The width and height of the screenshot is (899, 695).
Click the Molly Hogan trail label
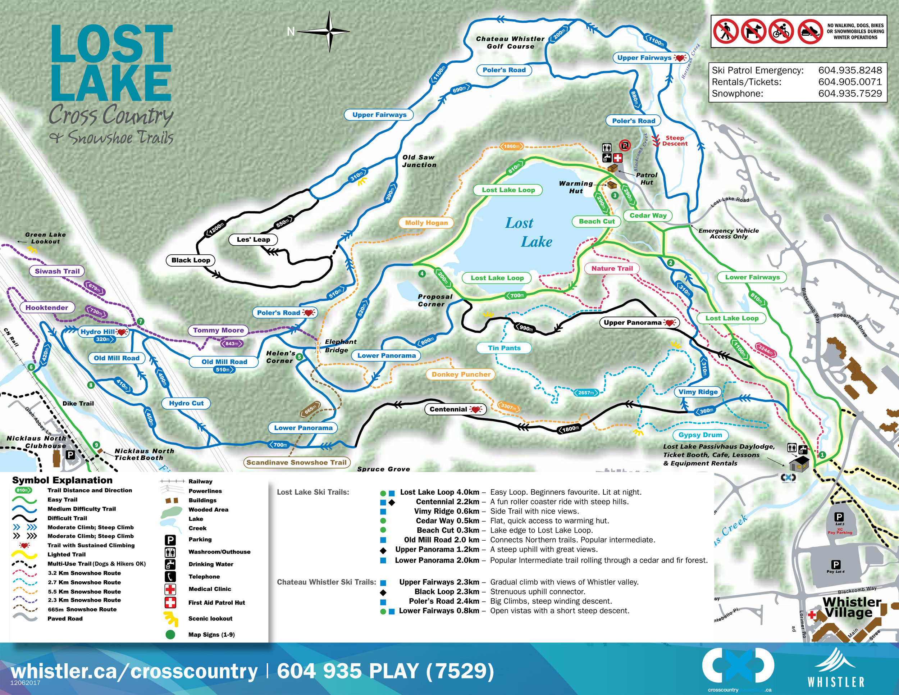[x=426, y=223]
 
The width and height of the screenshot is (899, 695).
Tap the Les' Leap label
[x=253, y=240]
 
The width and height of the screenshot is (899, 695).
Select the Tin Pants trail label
[x=504, y=348]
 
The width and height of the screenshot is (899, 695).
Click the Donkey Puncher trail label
[x=461, y=374]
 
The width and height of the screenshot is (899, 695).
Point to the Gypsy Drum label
[x=700, y=435]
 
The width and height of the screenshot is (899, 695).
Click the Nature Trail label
[x=612, y=268]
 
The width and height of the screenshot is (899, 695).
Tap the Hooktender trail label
[x=46, y=308]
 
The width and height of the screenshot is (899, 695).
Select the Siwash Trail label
[x=57, y=271]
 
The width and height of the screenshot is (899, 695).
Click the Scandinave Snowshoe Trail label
[x=296, y=462]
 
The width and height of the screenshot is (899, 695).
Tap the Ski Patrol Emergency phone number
[x=850, y=71]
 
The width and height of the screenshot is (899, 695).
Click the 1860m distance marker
[x=512, y=146]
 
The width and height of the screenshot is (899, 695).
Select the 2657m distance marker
[x=586, y=393]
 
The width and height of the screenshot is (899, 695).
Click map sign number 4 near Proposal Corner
[x=421, y=274]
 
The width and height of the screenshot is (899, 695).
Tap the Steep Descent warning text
[x=674, y=141]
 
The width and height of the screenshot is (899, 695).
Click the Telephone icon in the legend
[x=170, y=576]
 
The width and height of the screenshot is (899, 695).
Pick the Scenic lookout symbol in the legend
[x=170, y=618]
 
